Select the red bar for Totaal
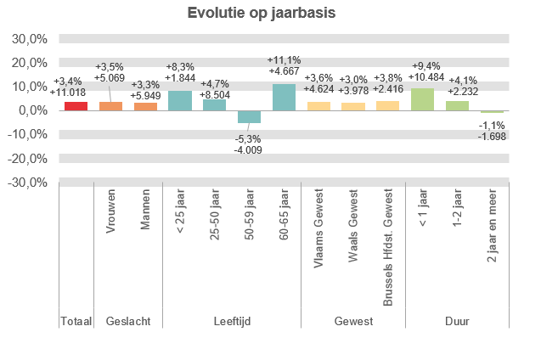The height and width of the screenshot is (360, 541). pyautogui.click(x=76, y=106)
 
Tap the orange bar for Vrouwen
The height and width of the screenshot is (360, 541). pyautogui.click(x=110, y=106)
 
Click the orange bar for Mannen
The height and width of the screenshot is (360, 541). pyautogui.click(x=145, y=106)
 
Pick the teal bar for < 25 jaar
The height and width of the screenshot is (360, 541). pyautogui.click(x=180, y=101)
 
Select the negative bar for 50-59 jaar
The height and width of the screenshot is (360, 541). pyautogui.click(x=249, y=116)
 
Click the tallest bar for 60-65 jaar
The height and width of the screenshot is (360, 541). pyautogui.click(x=284, y=98)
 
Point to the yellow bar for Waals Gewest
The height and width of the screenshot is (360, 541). pyautogui.click(x=352, y=107)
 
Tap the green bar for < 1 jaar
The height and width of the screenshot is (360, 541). pyautogui.click(x=422, y=99)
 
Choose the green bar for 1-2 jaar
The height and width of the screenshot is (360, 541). pyautogui.click(x=457, y=106)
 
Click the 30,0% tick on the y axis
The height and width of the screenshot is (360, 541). pyautogui.click(x=30, y=39)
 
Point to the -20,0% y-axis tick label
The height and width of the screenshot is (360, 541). pyautogui.click(x=28, y=158)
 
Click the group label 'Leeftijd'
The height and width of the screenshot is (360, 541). pyautogui.click(x=232, y=321)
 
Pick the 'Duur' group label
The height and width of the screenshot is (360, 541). pyautogui.click(x=457, y=321)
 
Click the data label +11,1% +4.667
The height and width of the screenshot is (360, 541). pyautogui.click(x=284, y=66)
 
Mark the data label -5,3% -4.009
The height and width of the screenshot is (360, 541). pyautogui.click(x=249, y=144)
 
